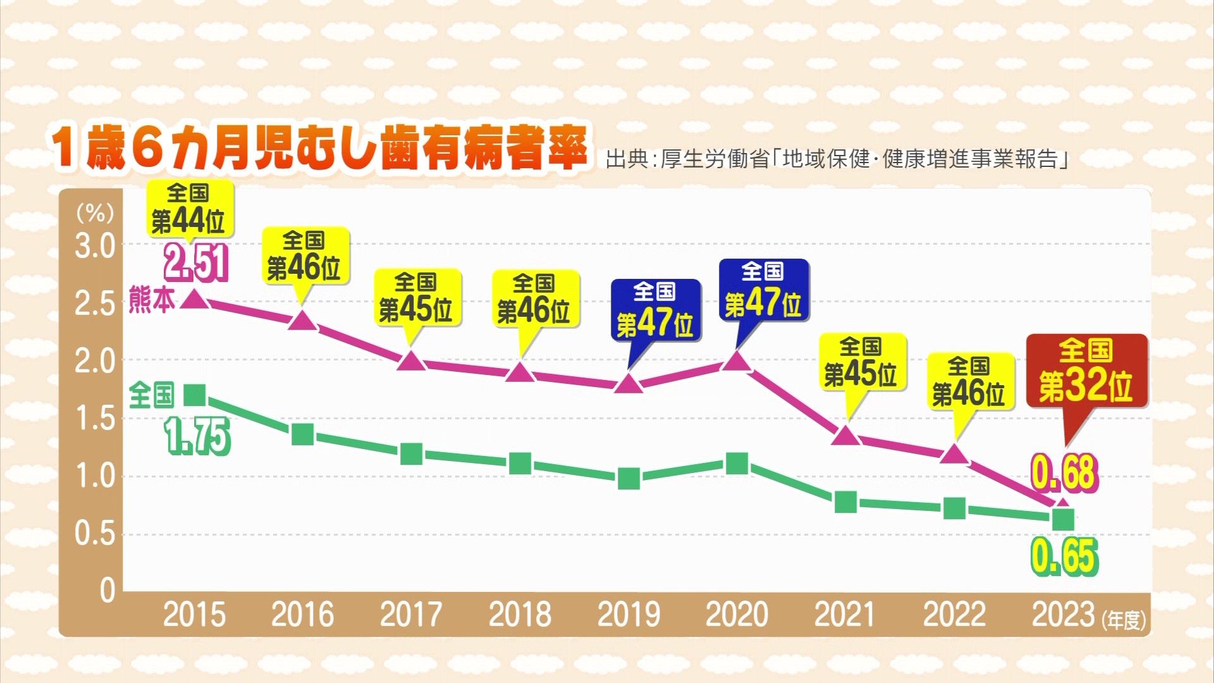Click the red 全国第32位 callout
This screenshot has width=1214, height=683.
click(1086, 371)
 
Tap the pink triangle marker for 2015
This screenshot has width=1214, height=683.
click(194, 299)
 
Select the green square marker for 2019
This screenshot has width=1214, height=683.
click(628, 479)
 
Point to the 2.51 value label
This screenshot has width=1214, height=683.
click(196, 263)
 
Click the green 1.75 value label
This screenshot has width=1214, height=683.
click(198, 438)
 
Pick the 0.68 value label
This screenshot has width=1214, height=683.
click(1065, 472)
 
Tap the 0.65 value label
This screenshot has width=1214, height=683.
click(1065, 557)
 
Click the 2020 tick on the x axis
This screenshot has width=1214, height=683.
click(737, 614)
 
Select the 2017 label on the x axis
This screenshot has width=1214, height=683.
click(411, 614)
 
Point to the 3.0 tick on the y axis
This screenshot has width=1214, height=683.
click(95, 247)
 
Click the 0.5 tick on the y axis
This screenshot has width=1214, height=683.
click(95, 534)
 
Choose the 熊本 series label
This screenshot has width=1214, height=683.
click(152, 300)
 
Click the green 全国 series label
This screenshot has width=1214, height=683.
click(151, 396)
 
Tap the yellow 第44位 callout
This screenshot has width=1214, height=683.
click(188, 209)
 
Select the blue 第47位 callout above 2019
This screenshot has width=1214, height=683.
click(655, 310)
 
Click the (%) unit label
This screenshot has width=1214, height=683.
click(95, 212)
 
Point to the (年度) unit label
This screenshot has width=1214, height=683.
click(1124, 620)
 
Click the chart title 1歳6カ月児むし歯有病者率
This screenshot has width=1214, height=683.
click(319, 149)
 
